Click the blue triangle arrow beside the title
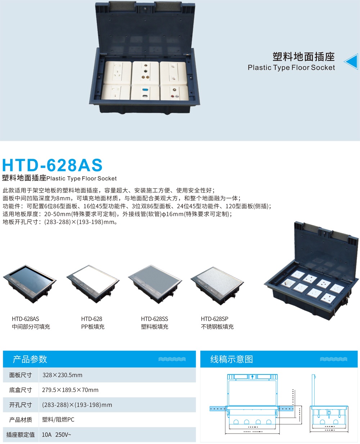pyautogui.click(x=351, y=62)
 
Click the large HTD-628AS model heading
pyautogui.click(x=53, y=165)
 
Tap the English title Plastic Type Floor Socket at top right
pyautogui.click(x=291, y=67)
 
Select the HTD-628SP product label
pyautogui.click(x=215, y=319)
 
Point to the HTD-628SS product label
pyautogui.click(x=154, y=319)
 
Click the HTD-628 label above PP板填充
pyautogui.click(x=91, y=319)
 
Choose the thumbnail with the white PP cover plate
pyautogui.click(x=93, y=283)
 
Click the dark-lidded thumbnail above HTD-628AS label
pyautogui.click(x=30, y=283)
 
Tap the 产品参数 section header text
pyautogui.click(x=30, y=359)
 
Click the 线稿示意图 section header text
pyautogui.click(x=231, y=359)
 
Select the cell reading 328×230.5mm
pyautogui.click(x=62, y=375)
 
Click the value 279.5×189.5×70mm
pyautogui.click(x=70, y=390)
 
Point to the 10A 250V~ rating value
pyautogui.click(x=57, y=435)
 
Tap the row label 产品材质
pyautogui.click(x=21, y=420)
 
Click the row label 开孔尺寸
pyautogui.click(x=21, y=405)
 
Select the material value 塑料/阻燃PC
pyautogui.click(x=58, y=420)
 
